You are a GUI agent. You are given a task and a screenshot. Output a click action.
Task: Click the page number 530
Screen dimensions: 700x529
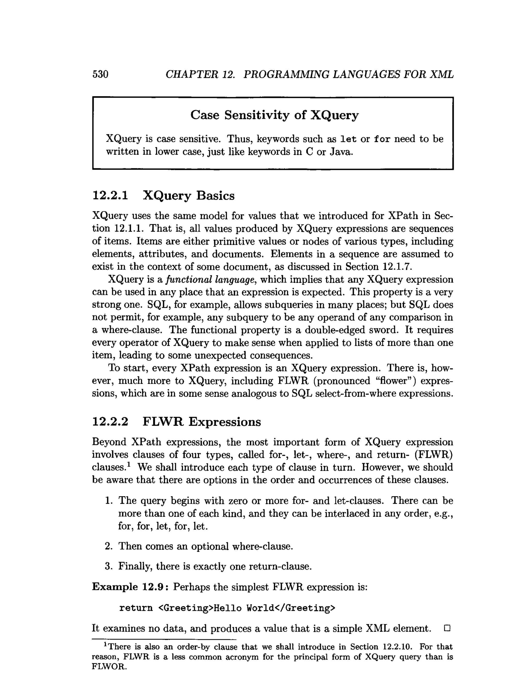[100, 74]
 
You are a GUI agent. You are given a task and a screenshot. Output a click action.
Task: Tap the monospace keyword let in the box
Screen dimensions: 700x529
[348, 139]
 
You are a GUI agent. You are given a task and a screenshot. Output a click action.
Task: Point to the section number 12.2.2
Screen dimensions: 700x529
[110, 422]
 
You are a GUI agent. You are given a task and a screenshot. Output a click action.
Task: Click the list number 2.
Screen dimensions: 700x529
[108, 546]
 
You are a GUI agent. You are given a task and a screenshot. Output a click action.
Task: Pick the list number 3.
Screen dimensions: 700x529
[108, 566]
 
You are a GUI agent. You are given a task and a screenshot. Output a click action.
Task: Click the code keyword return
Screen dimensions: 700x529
[136, 608]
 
